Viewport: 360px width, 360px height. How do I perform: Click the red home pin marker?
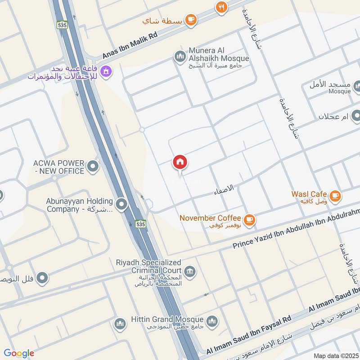pos(180,162)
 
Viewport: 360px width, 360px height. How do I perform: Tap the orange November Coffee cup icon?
pos(250,220)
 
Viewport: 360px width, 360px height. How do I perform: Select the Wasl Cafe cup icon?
pos(335,195)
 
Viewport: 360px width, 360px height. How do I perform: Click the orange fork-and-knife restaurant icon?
pos(220,7)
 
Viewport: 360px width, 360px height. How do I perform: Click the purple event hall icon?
pos(106,71)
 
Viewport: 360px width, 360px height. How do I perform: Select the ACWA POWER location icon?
pos(93,167)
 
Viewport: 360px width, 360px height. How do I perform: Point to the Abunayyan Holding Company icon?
pos(121,205)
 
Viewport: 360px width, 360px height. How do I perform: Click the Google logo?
pos(19,353)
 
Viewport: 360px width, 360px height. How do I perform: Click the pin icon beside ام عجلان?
pos(355,117)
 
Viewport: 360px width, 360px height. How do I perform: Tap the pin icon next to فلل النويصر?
pos(42,278)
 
